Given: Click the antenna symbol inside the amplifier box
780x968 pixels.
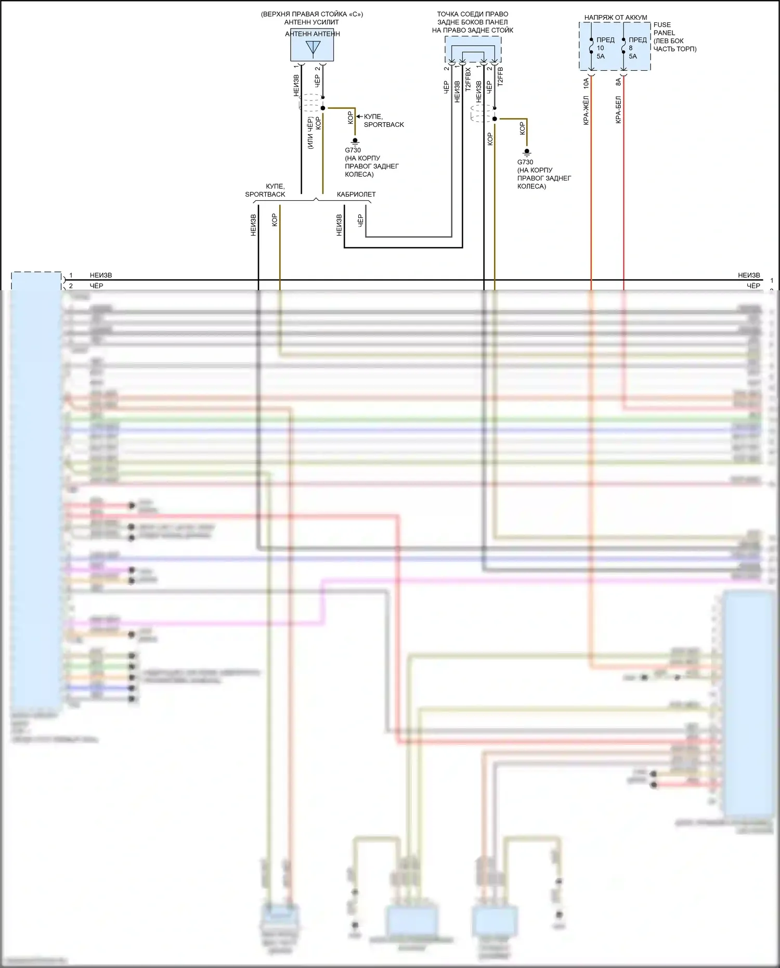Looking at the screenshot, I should (x=313, y=48).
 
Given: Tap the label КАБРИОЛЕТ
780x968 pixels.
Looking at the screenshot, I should (x=356, y=195).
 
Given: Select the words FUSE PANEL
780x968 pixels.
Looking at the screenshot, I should (x=664, y=29).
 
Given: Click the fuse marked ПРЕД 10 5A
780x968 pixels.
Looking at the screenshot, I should (x=591, y=48).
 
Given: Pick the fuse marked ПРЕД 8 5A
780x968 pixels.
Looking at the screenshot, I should (x=623, y=48).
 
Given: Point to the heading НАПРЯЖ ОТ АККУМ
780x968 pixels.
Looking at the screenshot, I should (x=616, y=18).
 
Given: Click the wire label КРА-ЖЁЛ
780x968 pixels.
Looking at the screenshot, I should (x=586, y=110).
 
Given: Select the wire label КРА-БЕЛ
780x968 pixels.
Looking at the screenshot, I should (x=618, y=110).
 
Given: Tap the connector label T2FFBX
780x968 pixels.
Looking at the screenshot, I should (x=468, y=79).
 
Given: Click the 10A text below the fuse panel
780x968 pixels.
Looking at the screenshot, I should (x=586, y=82).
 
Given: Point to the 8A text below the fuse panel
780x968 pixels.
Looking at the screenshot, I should (x=618, y=82).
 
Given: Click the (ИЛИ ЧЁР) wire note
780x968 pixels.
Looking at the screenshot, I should (x=310, y=134).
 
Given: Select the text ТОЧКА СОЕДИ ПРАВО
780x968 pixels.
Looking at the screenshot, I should (x=472, y=14).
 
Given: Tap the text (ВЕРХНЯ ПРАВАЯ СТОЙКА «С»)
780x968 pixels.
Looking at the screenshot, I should (x=312, y=14).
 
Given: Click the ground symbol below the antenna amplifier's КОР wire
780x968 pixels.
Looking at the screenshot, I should (x=355, y=141).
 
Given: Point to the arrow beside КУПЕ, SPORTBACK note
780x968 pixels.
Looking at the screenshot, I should (x=360, y=117).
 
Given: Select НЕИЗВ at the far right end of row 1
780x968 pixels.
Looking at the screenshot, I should (x=749, y=275).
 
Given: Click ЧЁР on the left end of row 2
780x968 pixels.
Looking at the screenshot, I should (x=97, y=286).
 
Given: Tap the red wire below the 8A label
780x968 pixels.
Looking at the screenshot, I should (x=623, y=208).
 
